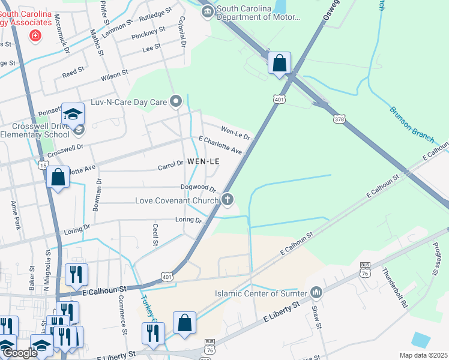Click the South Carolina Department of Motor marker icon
click(x=208, y=11)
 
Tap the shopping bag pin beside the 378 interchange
click(x=280, y=63)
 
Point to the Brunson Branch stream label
click(x=412, y=124)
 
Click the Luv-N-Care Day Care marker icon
click(x=176, y=102)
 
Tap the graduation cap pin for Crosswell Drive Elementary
click(x=73, y=114)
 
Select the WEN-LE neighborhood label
click(x=203, y=161)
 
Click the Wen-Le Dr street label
click(x=235, y=133)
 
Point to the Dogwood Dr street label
click(x=198, y=188)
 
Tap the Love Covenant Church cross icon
click(x=227, y=200)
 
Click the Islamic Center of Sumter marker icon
click(x=316, y=293)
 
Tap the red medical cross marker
click(x=35, y=36)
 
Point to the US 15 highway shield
click(x=42, y=165)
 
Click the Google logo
click(x=19, y=353)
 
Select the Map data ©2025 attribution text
click(x=423, y=355)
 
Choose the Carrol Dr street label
click(x=170, y=164)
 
